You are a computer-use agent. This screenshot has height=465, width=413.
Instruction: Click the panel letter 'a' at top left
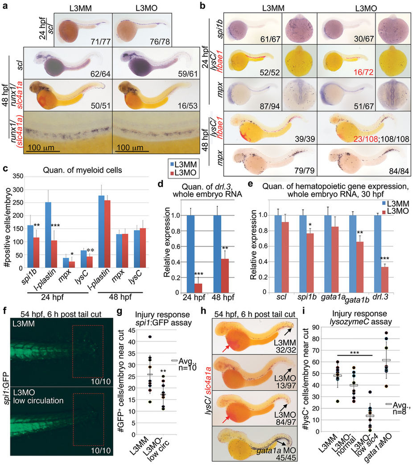click(4, 5)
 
